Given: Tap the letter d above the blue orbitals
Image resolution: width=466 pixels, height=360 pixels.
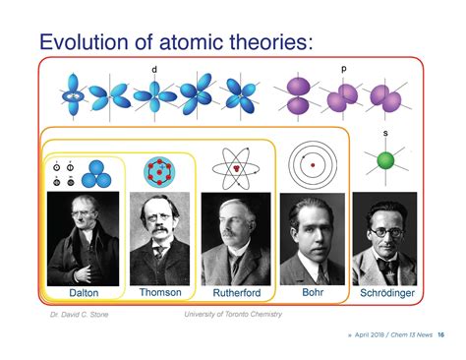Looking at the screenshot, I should coord(154,69).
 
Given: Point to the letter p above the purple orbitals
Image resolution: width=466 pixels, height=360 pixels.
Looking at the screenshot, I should coord(343,69).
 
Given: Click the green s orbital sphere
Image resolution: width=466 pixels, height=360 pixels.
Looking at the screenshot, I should coord(385,160).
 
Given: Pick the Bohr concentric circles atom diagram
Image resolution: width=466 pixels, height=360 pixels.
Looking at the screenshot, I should coord(313,164).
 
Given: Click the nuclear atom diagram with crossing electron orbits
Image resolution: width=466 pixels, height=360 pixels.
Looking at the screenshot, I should coord(236,168).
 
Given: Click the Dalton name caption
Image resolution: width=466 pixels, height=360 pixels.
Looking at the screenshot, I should coord(84,293).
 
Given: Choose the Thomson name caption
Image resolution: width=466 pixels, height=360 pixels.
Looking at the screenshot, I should coord(160,292).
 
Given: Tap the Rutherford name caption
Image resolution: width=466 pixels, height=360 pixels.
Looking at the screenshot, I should coord(236,293).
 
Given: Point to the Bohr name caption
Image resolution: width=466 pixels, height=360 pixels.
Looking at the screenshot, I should coord(312,292).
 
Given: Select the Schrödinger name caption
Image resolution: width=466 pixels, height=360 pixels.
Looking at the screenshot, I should coord(385,293).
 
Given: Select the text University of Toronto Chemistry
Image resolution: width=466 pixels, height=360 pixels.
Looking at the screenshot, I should coord(232,315).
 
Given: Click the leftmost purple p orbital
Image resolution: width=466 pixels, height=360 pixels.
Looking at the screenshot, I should coord(297,96).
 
